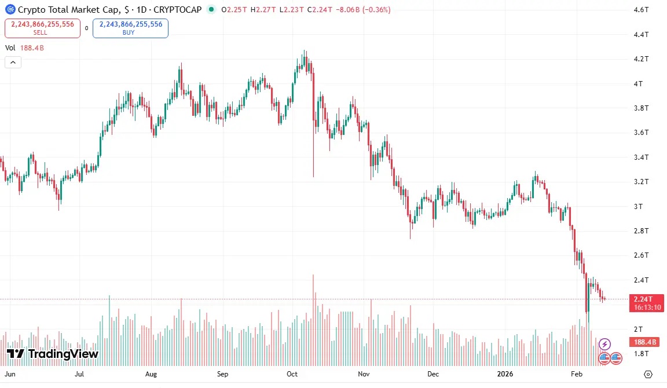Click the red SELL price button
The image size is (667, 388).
[x=42, y=28]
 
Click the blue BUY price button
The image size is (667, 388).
[x=130, y=28]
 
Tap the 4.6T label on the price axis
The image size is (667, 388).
[x=640, y=10]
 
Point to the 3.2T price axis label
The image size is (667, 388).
[x=640, y=181]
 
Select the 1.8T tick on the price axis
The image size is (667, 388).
[x=640, y=353]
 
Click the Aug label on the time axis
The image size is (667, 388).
[x=151, y=374]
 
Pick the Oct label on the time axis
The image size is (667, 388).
[x=292, y=374]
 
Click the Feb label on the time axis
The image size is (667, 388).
[x=576, y=374]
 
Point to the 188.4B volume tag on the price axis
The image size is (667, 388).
[x=644, y=342]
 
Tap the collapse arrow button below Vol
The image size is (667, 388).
[x=13, y=63]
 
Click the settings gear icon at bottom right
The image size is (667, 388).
[x=648, y=374]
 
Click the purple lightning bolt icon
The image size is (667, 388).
[x=604, y=345]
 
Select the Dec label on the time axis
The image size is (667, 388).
[x=433, y=374]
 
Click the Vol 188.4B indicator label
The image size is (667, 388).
[x=24, y=48]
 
